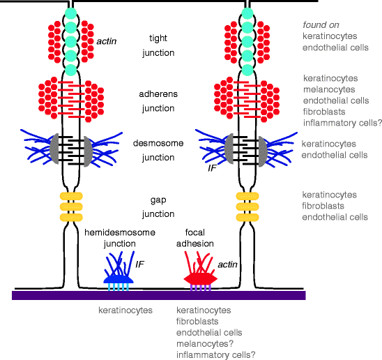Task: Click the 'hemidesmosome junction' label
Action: [120, 237]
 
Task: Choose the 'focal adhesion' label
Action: [199, 237]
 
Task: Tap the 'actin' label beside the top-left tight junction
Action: [107, 42]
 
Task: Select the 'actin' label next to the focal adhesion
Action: [228, 264]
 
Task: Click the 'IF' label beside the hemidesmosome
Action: [139, 264]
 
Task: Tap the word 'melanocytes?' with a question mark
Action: [204, 343]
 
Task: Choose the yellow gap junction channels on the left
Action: [70, 207]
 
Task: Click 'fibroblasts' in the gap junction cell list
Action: [324, 206]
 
